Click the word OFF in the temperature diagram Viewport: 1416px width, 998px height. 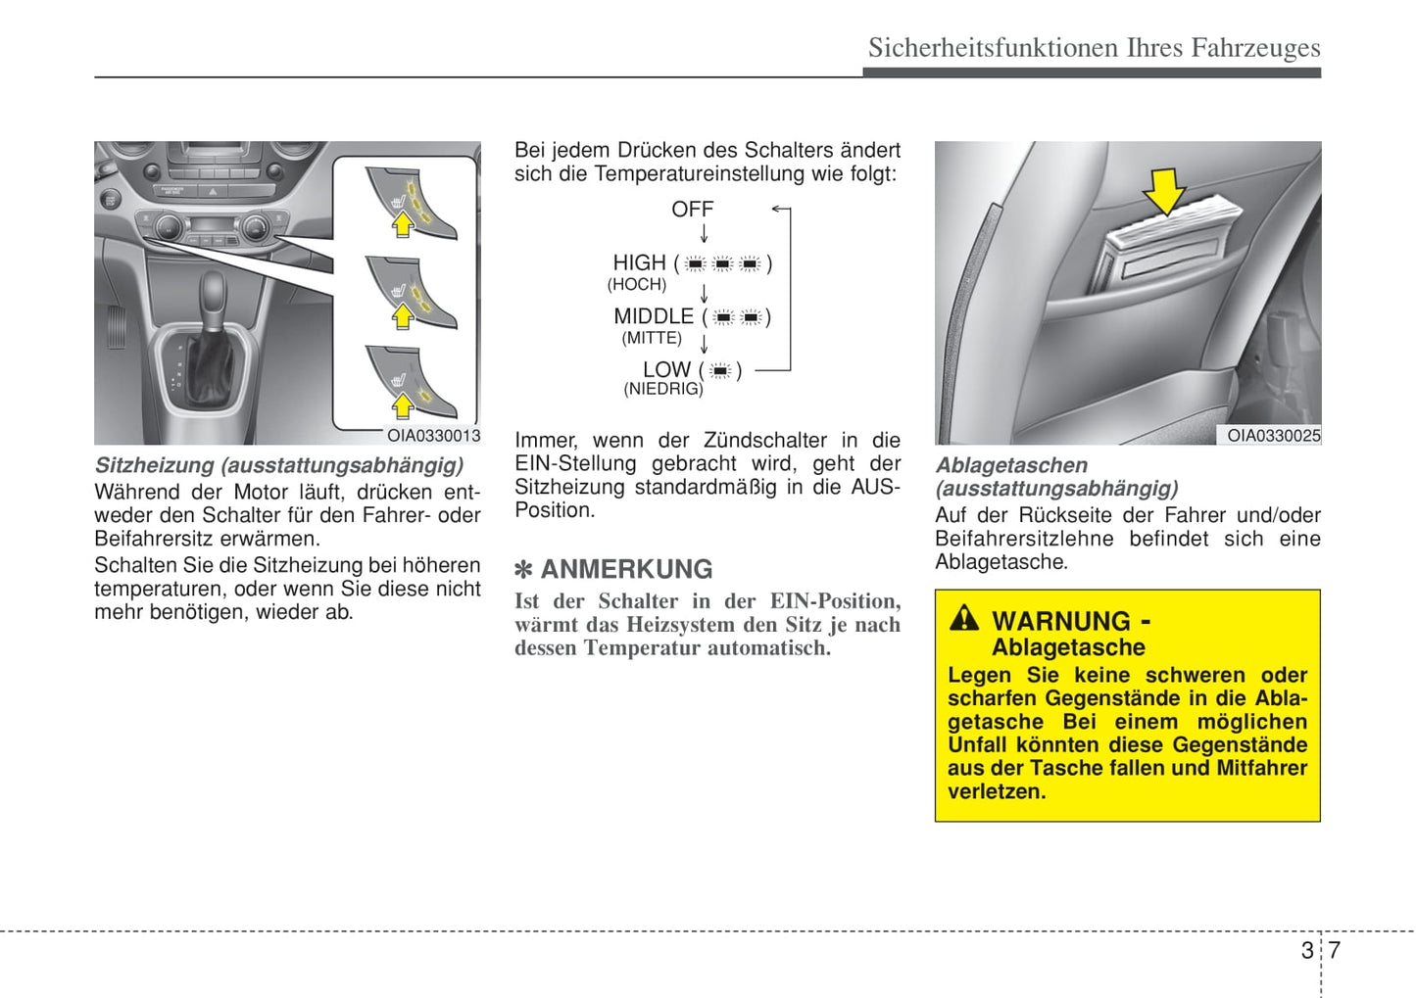point(692,210)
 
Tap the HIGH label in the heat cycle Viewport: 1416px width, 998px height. point(639,263)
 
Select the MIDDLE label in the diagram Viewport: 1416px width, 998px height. point(654,317)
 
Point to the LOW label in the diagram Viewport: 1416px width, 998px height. point(666,370)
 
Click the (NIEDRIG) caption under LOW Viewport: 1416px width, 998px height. point(663,389)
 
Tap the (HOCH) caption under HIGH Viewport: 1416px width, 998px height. point(637,285)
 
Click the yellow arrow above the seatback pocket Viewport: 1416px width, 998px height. point(1164,190)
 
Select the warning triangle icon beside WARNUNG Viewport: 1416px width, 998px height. point(963,618)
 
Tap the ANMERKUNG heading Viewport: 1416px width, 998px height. point(626,569)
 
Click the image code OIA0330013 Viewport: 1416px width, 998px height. point(433,436)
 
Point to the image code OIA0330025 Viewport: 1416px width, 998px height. point(1273,436)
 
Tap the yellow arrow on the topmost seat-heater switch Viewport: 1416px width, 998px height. point(403,225)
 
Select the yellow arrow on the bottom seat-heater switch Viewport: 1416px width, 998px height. point(403,404)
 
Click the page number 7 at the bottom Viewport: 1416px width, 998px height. point(1334,950)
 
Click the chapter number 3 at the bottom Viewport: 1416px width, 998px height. point(1307,950)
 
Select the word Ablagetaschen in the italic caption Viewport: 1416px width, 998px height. point(1011,466)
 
